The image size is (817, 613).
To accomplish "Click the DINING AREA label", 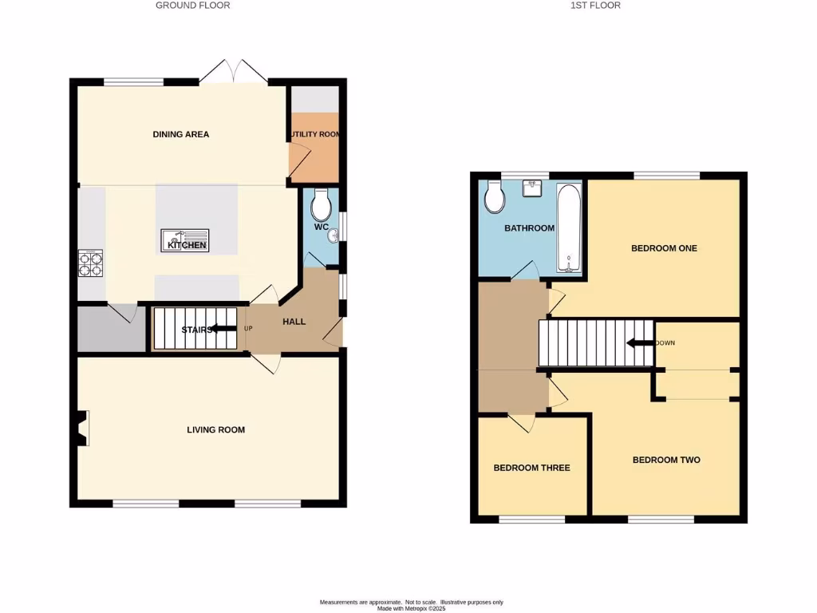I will click(x=181, y=134).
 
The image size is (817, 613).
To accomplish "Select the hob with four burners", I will click(x=90, y=263).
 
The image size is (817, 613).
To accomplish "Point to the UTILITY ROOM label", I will click(x=314, y=134).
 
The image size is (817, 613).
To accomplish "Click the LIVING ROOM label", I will click(x=215, y=429).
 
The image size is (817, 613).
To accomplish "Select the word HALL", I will click(x=294, y=322).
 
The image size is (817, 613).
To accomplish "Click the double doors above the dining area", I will click(x=232, y=72).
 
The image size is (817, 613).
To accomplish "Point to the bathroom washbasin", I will click(x=533, y=188).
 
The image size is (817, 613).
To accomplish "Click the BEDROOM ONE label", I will click(x=664, y=248).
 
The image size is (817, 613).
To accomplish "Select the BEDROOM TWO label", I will click(x=666, y=460).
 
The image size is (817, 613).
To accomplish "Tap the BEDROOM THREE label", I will click(x=531, y=468).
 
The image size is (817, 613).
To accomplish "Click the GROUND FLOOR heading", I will click(x=192, y=6).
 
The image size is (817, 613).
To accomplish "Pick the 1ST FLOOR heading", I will click(x=594, y=6).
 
